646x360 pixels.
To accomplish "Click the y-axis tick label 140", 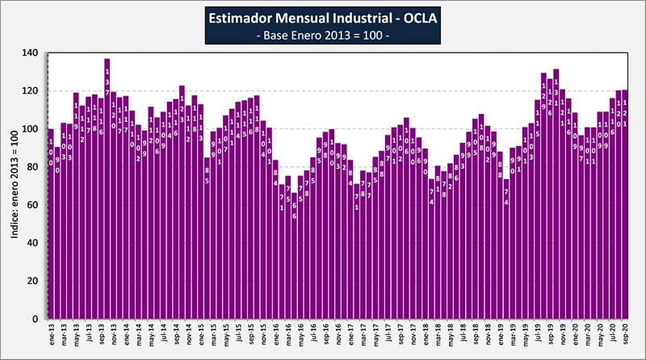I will (x=30, y=53).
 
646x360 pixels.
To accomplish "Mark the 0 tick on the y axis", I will (x=35, y=319).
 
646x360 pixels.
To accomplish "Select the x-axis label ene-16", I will (x=276, y=335).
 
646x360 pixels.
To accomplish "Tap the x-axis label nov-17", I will (x=413, y=335).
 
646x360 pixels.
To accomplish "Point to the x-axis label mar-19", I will (x=514, y=335).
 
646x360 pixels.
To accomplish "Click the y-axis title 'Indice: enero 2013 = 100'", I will (x=13, y=186).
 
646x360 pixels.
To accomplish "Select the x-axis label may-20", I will (x=602, y=335).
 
